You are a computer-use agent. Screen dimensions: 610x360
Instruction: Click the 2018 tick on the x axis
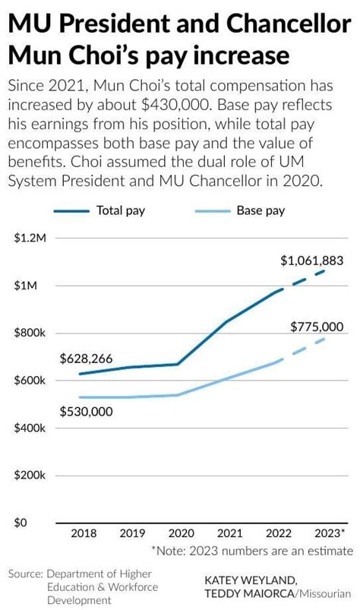point(83,534)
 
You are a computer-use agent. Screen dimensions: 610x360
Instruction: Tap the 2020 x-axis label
point(180,534)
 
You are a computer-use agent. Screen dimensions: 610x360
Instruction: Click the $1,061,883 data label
point(311,261)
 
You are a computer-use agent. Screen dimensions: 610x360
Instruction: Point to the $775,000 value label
point(317,327)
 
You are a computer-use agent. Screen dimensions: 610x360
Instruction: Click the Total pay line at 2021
point(229,322)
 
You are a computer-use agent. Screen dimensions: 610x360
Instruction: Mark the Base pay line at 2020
point(180,395)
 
